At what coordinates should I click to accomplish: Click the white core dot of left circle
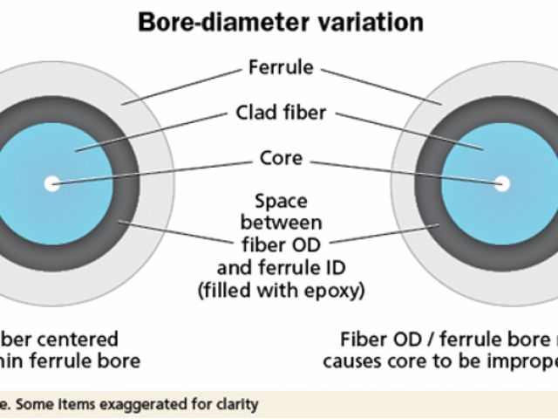coord(52,183)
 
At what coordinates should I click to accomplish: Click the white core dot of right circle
coord(502,183)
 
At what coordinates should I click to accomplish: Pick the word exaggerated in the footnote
coord(148,404)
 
